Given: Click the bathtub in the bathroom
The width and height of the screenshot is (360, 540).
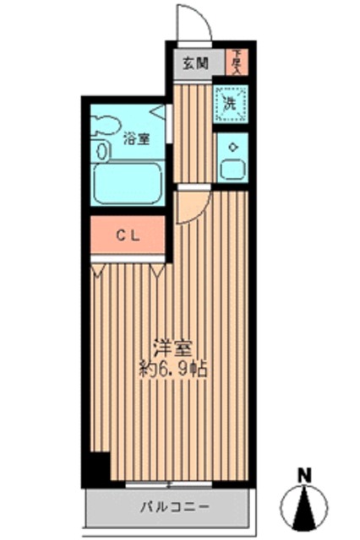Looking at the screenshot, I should [x=127, y=183].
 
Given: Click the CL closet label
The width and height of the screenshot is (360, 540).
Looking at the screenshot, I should [x=128, y=237].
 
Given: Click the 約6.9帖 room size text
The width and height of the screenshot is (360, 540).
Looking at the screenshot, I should [x=175, y=368].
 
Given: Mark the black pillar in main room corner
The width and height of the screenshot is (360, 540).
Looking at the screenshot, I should [x=100, y=467].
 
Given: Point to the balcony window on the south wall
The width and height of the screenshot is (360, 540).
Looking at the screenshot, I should [x=169, y=484].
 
